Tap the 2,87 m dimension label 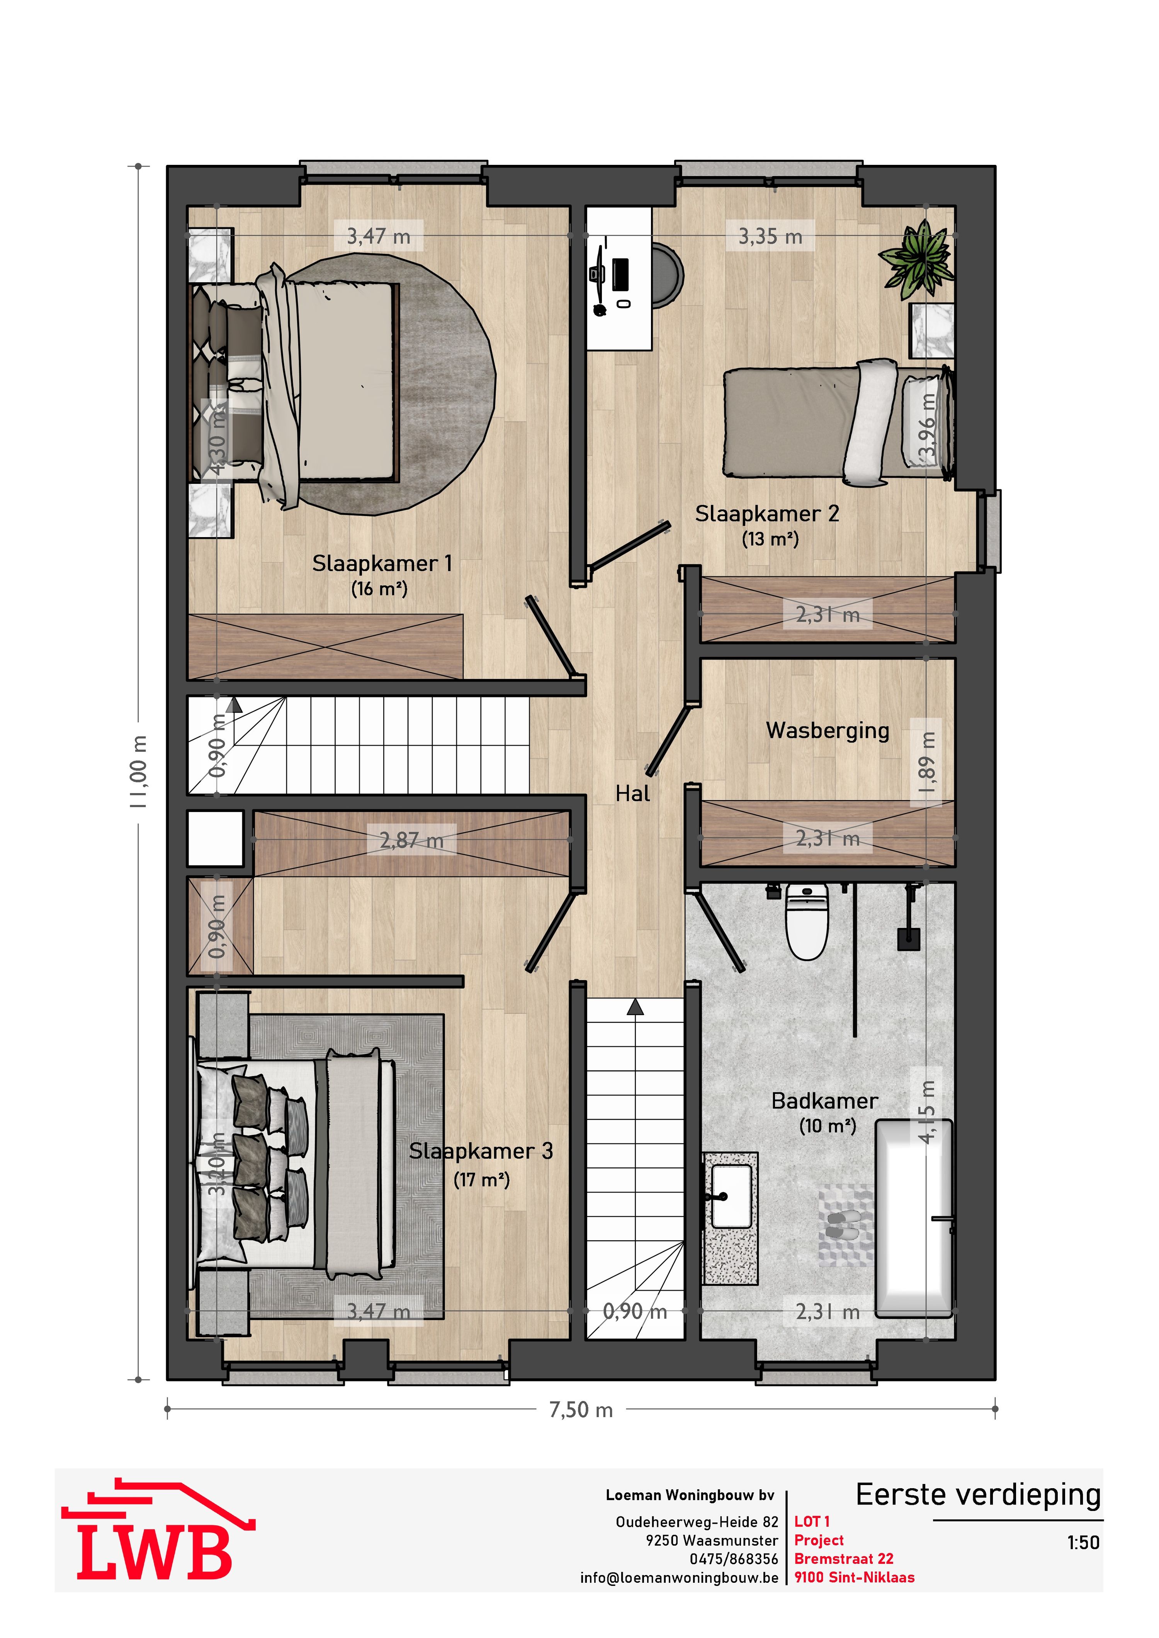411,840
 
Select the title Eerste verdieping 978,1495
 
